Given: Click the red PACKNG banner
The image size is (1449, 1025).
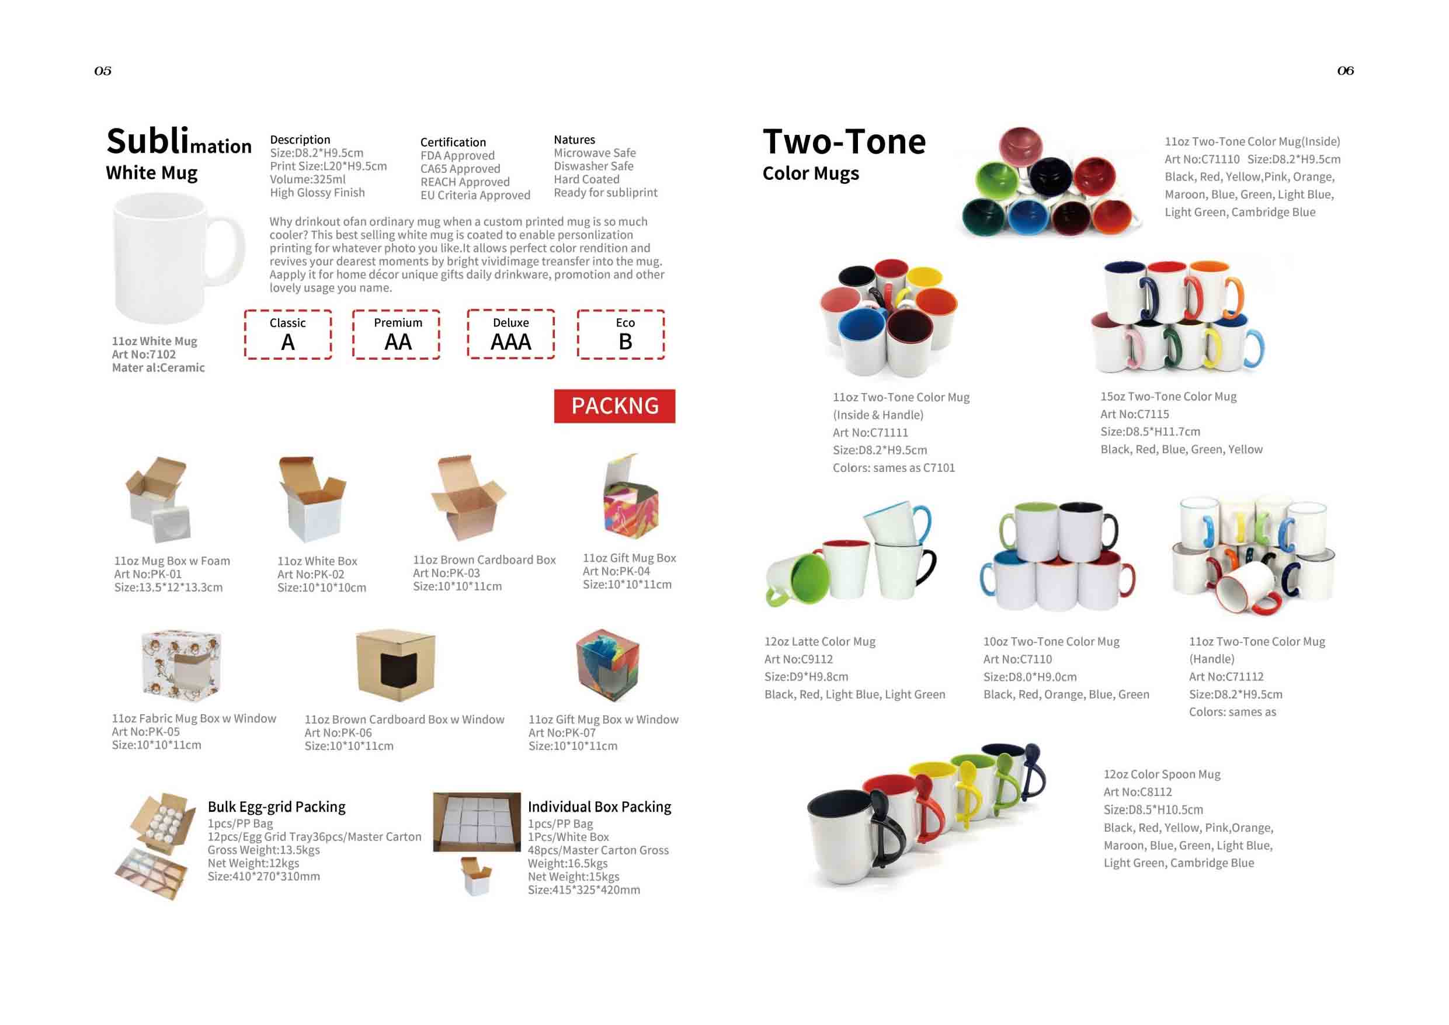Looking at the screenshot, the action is pos(614,406).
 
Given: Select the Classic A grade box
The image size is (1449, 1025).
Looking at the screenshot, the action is pos(288,335).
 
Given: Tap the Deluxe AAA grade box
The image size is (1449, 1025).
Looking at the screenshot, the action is pos(510,334).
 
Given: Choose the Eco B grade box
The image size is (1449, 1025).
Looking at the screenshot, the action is pos(621,335).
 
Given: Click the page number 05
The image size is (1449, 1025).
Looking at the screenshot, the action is pos(103,71).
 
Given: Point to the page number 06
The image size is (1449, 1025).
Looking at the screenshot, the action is pos(1346,71).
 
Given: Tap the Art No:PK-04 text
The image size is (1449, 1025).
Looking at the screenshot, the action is pos(616,571).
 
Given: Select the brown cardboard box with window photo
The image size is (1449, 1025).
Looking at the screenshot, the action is pos(396,665).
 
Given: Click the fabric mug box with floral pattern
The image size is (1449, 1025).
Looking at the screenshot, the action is pos(182,665).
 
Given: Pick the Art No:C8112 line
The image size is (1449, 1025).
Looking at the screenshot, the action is pos(1137,792).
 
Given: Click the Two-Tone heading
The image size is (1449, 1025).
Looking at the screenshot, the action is pos(845,141).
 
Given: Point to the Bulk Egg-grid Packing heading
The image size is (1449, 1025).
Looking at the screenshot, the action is pos(276,807).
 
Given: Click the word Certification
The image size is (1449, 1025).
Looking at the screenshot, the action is pos(453,142).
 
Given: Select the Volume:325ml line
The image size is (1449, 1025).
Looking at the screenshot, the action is pos(308,179).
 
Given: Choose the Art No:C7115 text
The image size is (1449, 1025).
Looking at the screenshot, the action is pos(1135,414).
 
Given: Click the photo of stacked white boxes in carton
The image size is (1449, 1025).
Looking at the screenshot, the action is pos(477,822).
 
